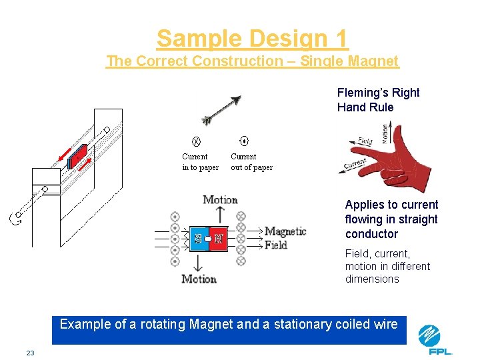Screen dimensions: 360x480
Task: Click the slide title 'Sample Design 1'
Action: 252,39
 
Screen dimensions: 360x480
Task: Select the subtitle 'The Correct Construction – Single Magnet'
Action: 252,61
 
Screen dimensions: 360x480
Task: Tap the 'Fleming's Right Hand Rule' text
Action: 378,100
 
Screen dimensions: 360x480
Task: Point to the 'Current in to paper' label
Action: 200,162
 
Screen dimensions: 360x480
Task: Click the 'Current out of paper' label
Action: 251,162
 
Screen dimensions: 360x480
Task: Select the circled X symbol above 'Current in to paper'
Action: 196,141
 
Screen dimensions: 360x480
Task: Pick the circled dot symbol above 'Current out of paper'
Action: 244,141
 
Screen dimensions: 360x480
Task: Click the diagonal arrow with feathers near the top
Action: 221,110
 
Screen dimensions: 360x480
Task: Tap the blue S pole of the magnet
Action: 198,238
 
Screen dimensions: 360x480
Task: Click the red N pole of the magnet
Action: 218,238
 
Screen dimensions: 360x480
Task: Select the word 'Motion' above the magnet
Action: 220,200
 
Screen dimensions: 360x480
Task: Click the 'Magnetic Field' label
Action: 285,238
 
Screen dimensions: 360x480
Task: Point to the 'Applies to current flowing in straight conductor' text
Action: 391,219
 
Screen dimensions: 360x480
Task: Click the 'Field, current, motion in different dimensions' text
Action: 387,266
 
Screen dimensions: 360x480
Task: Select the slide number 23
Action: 30,353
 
